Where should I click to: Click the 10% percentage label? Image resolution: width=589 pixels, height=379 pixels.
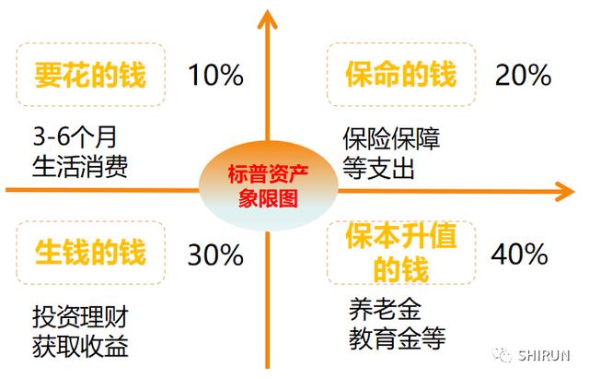pyautogui.click(x=215, y=75)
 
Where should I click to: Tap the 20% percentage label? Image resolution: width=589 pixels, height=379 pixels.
pyautogui.click(x=524, y=75)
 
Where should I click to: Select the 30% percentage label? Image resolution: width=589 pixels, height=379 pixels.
pyautogui.click(x=215, y=255)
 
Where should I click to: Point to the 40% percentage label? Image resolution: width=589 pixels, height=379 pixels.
pyautogui.click(x=519, y=254)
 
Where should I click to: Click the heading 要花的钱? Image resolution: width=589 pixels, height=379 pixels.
pyautogui.click(x=90, y=75)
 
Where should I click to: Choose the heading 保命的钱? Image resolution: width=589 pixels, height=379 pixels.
pyautogui.click(x=401, y=74)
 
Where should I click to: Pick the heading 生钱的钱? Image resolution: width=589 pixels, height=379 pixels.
pyautogui.click(x=90, y=252)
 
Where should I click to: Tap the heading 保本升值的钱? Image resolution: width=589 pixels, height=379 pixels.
pyautogui.click(x=401, y=252)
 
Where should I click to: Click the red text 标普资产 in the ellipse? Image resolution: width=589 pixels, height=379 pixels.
pyautogui.click(x=268, y=174)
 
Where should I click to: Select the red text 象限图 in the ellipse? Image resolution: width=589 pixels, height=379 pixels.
pyautogui.click(x=268, y=197)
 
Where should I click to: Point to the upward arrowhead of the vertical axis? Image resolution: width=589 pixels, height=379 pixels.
pyautogui.click(x=267, y=18)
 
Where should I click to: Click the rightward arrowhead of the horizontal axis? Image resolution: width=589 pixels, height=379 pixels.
pyautogui.click(x=565, y=191)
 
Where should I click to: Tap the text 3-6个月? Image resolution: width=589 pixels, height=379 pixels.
pyautogui.click(x=75, y=136)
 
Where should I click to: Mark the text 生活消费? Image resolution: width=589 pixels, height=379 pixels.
pyautogui.click(x=80, y=166)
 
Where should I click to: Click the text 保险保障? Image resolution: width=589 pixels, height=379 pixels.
pyautogui.click(x=391, y=138)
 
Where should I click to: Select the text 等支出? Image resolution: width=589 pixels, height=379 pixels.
pyautogui.click(x=378, y=168)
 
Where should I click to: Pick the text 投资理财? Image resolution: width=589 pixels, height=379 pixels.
pyautogui.click(x=80, y=316)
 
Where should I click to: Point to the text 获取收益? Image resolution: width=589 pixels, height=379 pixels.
pyautogui.click(x=80, y=346)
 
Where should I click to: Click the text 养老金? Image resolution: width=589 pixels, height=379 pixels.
pyautogui.click(x=386, y=309)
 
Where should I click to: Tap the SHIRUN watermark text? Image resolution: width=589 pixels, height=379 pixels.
pyautogui.click(x=544, y=355)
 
